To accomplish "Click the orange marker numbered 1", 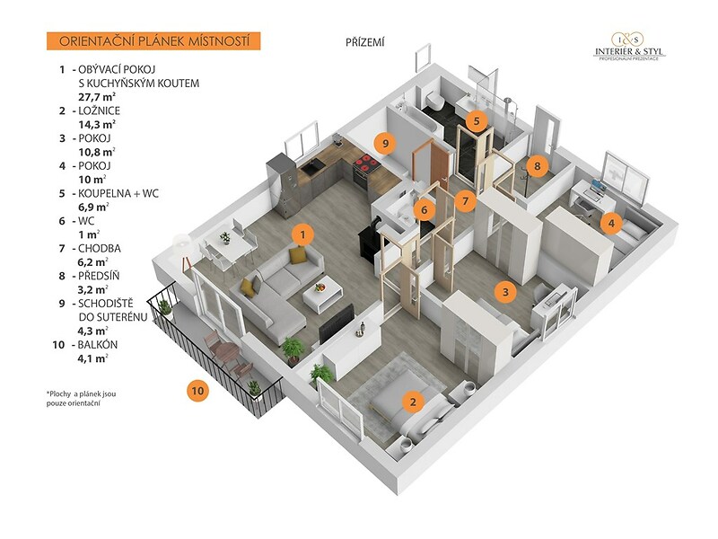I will [x=304, y=234].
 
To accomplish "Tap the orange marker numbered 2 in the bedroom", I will [x=412, y=402].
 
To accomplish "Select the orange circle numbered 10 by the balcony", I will [x=197, y=390].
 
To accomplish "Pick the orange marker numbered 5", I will [x=477, y=119].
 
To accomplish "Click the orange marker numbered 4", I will [x=610, y=222].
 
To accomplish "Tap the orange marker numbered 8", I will [x=537, y=165].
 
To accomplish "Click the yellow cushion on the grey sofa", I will [x=297, y=256].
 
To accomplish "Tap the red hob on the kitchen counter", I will [x=364, y=163].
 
